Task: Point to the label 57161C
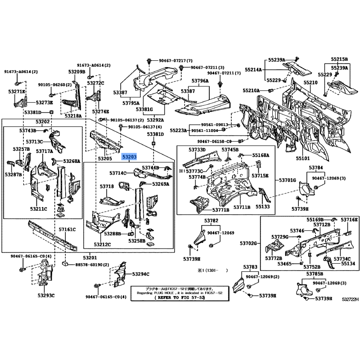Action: tap(67, 229)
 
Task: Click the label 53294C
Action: tap(140, 274)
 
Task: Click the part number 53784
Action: tap(315, 168)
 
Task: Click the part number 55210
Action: tap(310, 83)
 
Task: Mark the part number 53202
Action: tap(43, 122)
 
